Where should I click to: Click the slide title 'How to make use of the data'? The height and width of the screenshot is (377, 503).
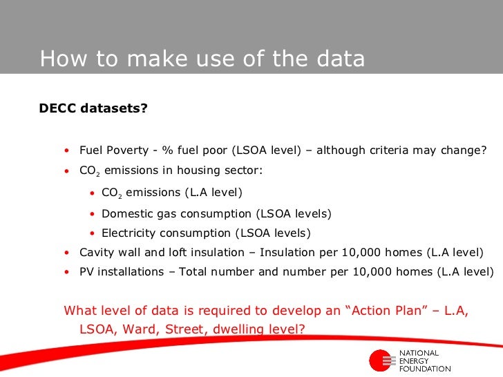pos(202,59)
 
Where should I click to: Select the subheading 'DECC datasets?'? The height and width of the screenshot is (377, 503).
pos(93,108)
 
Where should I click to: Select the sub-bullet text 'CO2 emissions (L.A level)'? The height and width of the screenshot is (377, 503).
pos(172,193)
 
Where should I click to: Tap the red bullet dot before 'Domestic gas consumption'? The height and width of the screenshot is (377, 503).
pos(93,214)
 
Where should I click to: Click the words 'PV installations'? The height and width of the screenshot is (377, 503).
pos(122,271)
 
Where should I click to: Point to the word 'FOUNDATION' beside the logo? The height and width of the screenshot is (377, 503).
pos(426,369)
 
